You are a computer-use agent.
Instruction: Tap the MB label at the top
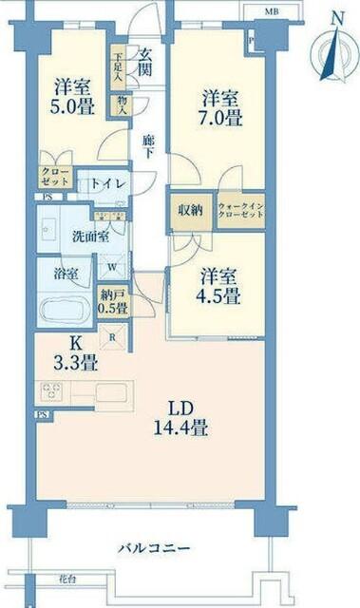(x=272, y=11)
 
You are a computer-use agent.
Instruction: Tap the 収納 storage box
(x=188, y=212)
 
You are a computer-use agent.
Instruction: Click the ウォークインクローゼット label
(x=240, y=212)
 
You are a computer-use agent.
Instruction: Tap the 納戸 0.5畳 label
(x=113, y=300)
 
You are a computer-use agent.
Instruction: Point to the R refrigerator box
(x=114, y=335)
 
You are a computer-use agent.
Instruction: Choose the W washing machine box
(x=112, y=268)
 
